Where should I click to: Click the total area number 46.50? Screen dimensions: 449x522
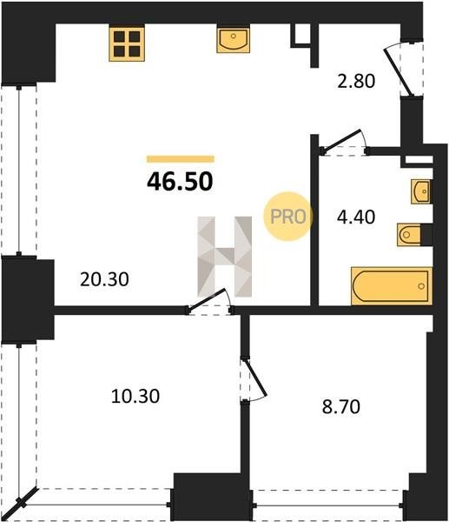click(x=180, y=182)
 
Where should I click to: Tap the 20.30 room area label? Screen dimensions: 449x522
click(x=104, y=279)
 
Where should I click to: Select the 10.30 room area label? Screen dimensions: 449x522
click(x=135, y=396)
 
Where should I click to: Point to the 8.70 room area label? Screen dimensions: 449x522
click(x=341, y=406)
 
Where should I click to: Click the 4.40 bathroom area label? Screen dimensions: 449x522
click(x=356, y=217)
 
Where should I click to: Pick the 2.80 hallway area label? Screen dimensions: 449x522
click(x=356, y=81)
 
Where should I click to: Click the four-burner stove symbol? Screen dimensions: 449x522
click(x=127, y=44)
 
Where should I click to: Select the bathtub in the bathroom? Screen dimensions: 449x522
click(x=392, y=285)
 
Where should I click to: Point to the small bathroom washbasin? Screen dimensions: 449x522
click(x=420, y=191)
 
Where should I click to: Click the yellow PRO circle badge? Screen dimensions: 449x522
click(x=287, y=217)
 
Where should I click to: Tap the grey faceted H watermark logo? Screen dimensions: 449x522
click(x=225, y=257)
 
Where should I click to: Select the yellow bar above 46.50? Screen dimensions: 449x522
click(x=181, y=159)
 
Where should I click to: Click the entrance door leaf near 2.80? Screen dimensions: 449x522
click(x=399, y=72)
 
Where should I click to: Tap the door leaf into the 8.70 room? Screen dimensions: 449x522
click(x=255, y=378)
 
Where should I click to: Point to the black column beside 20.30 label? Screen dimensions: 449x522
click(x=28, y=300)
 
